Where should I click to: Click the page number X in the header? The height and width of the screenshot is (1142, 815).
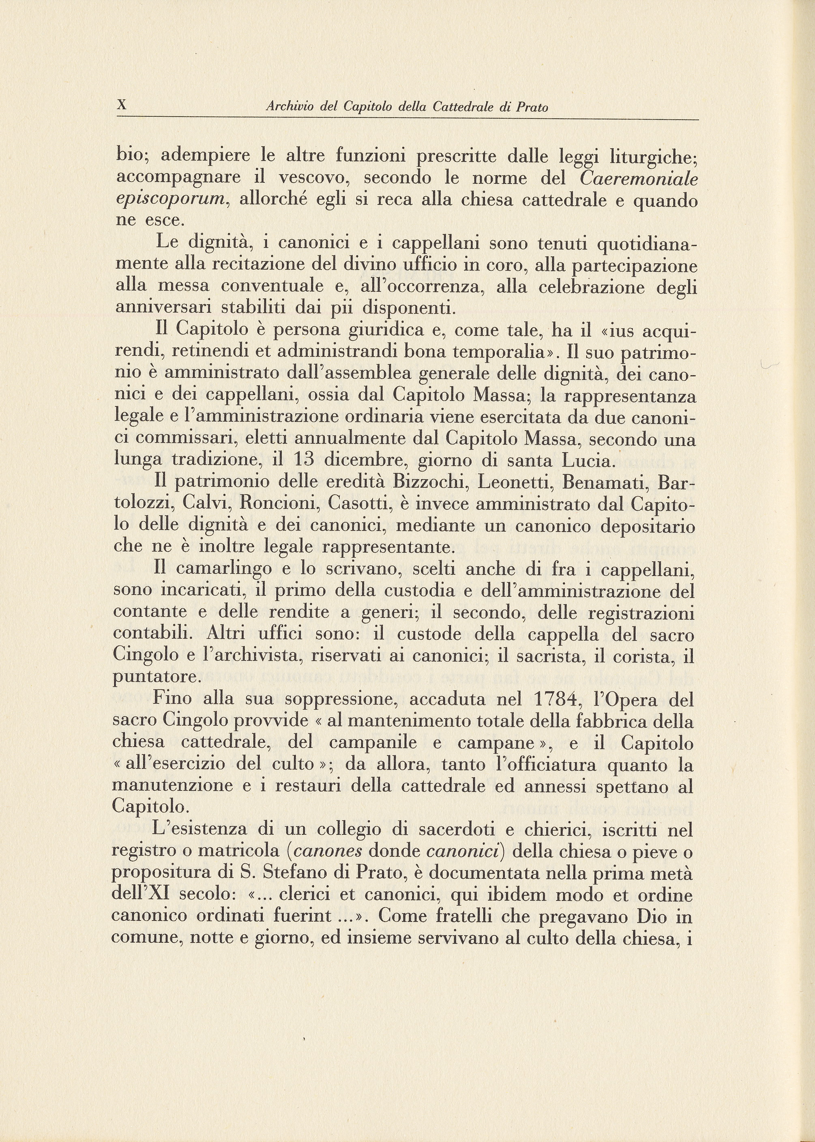coord(121,105)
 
